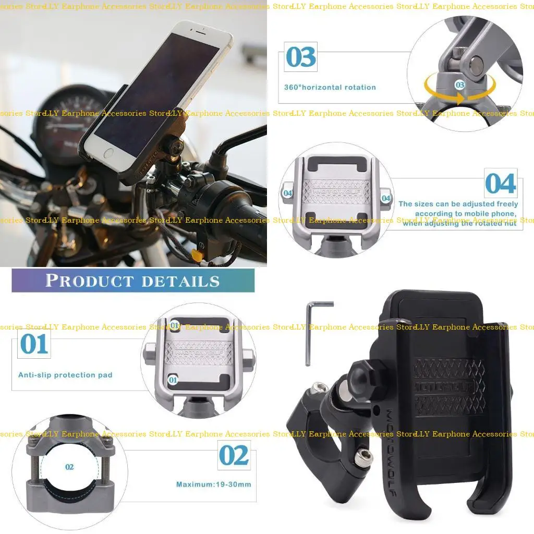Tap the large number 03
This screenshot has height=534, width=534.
301,57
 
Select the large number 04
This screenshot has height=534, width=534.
500,184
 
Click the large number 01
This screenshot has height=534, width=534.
34,344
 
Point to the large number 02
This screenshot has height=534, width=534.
234,455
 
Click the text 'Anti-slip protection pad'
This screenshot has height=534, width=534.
65,375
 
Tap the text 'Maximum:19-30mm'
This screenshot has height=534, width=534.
213,484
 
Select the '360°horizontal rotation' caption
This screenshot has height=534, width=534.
330,87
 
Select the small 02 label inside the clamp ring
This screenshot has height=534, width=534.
69,467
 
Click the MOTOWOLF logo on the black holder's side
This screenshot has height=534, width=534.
392,443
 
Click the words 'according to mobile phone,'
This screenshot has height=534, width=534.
466,214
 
